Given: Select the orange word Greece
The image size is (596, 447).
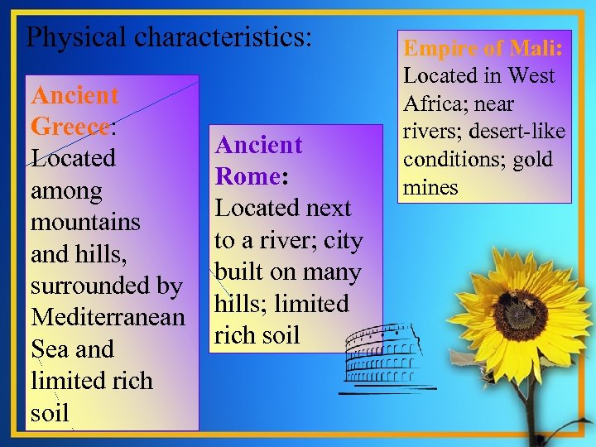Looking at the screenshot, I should pyautogui.click(x=70, y=127).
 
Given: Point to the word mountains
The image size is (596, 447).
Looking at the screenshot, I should pyautogui.click(x=85, y=223).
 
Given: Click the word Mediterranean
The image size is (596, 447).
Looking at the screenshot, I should pyautogui.click(x=108, y=317).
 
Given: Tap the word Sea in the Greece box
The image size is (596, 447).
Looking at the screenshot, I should pyautogui.click(x=49, y=348).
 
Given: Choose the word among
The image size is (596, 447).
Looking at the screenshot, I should pyautogui.click(x=66, y=191).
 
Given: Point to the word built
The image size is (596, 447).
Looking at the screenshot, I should pyautogui.click(x=240, y=272).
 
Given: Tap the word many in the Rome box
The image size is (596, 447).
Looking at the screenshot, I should pyautogui.click(x=334, y=273).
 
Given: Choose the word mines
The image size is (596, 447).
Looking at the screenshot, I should pyautogui.click(x=430, y=186).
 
